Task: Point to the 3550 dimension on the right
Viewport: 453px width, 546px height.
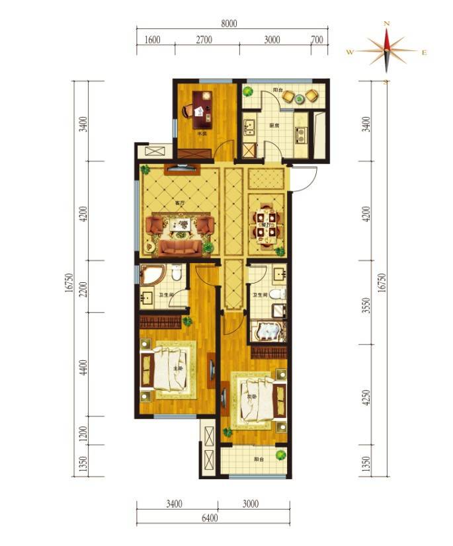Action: [366, 307]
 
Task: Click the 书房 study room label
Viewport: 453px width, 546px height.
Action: [201, 134]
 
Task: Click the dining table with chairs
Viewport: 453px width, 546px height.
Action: [268, 225]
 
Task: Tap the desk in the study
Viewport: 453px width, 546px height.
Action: [201, 108]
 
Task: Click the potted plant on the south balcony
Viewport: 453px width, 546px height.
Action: [281, 455]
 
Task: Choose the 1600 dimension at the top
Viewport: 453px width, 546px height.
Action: [152, 40]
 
